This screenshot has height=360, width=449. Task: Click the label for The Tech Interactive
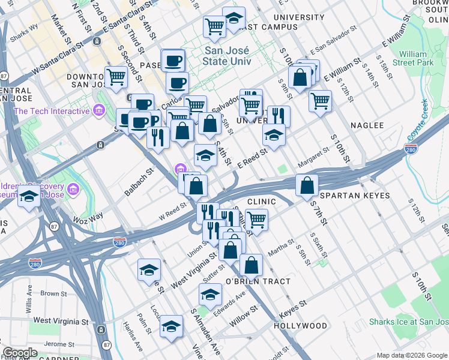click(x=51, y=111)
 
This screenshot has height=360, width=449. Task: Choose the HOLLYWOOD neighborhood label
click(x=300, y=326)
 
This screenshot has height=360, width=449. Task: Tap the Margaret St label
click(x=315, y=158)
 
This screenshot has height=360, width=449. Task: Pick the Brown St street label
click(x=53, y=294)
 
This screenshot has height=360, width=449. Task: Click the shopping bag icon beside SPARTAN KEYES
click(x=307, y=185)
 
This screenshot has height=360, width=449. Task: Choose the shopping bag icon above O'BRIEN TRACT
click(x=251, y=264)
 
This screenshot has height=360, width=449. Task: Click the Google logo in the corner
click(x=20, y=353)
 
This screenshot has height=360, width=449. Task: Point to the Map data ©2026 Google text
click(x=411, y=355)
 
